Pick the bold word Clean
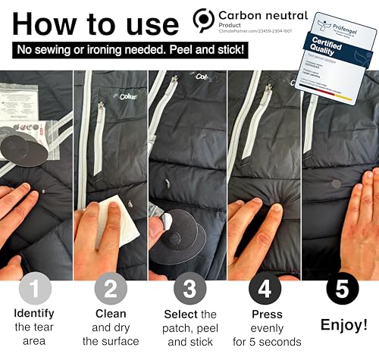point(111,314)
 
